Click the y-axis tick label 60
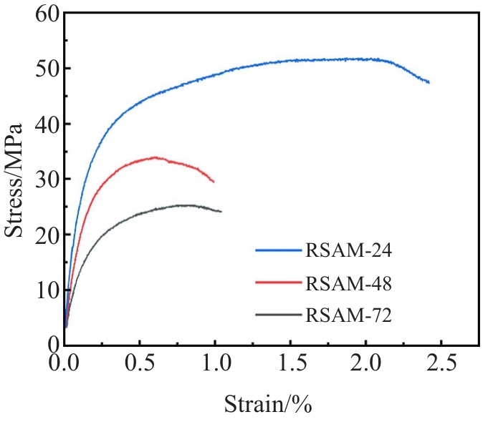pos(43,14)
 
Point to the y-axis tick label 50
pos(43,69)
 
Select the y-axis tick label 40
pos(43,124)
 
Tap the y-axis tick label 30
pos(43,179)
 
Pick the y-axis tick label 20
pos(43,235)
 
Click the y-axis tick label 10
pos(43,290)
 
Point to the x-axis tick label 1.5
pos(291,363)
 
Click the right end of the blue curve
pos(429,82)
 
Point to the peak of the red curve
pos(154,157)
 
